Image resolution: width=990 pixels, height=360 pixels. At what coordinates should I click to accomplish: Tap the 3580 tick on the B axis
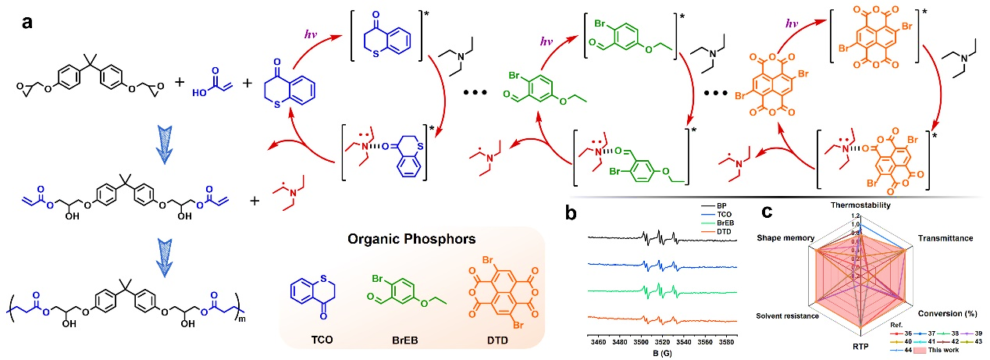point(727,341)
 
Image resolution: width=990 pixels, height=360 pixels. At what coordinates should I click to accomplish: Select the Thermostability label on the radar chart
point(861,205)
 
